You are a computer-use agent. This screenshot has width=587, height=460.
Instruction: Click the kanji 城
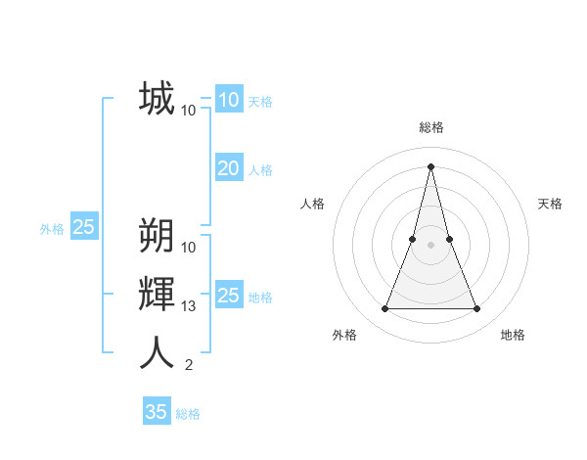point(157,99)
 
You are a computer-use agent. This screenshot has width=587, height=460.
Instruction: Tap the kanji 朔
point(157,236)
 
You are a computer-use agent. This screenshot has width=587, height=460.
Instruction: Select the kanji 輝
point(157,294)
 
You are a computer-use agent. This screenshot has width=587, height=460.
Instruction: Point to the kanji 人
point(157,352)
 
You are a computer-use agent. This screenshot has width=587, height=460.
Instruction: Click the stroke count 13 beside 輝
point(189,306)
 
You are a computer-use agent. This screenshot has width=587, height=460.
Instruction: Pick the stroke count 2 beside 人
point(189,365)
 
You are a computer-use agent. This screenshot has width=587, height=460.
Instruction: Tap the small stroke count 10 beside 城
point(189,111)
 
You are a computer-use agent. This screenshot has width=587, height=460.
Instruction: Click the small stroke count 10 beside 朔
point(189,247)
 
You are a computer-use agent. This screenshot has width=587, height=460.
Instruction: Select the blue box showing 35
point(157,412)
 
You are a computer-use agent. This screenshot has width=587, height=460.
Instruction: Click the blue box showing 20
point(228,168)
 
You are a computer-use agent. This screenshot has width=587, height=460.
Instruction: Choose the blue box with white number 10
point(228,100)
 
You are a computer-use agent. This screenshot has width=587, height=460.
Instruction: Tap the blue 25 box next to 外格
point(83,227)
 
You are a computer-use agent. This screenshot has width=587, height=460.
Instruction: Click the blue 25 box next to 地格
point(228,296)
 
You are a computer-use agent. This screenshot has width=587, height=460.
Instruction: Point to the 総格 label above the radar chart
point(431,127)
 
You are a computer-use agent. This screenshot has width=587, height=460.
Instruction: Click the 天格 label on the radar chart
point(550,204)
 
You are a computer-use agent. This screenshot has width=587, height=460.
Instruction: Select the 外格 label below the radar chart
point(343,335)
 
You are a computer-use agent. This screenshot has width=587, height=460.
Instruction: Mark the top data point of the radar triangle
point(431,165)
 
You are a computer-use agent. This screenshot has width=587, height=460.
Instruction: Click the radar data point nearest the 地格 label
point(476,309)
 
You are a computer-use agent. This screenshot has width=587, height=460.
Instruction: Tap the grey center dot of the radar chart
point(431,245)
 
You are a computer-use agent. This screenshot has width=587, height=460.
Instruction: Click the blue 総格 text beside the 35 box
point(188,414)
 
